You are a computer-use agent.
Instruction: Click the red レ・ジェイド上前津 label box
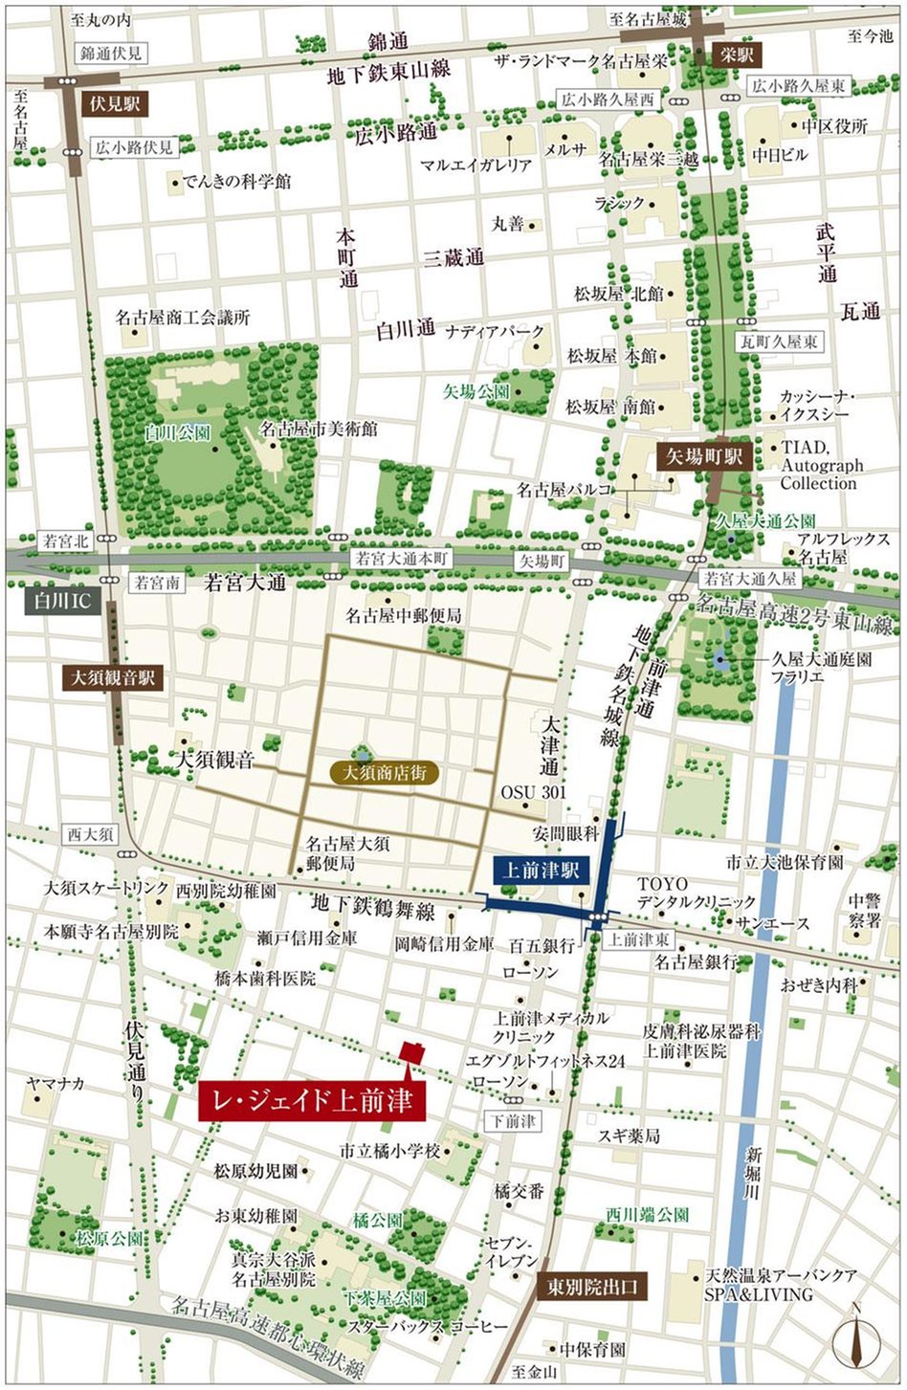(x=312, y=1101)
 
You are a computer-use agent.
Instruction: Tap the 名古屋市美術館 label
(x=319, y=430)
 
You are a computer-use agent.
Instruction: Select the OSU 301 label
(x=533, y=792)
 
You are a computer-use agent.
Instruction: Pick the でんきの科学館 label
(x=237, y=180)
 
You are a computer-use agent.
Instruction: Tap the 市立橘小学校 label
(x=392, y=1151)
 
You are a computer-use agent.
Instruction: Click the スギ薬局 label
(x=628, y=1136)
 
